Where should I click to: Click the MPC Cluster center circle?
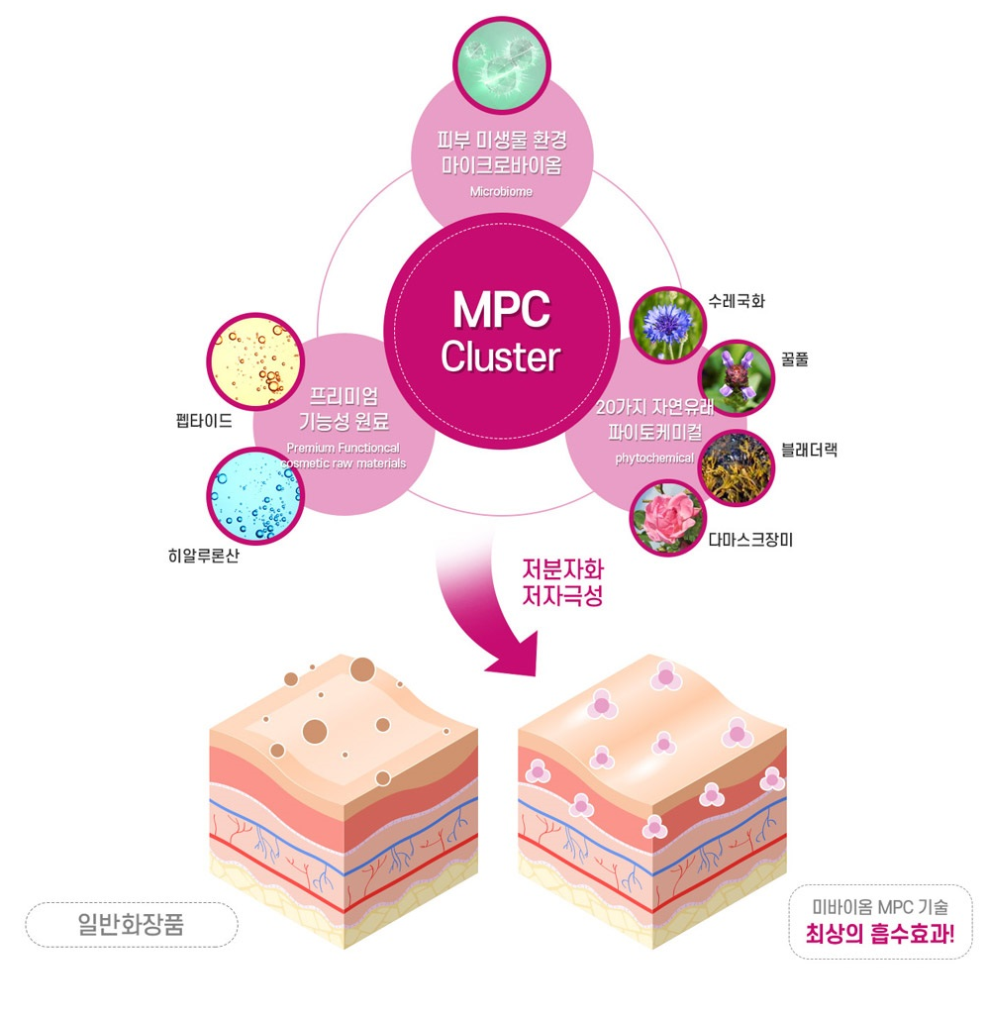point(501,331)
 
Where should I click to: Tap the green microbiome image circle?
point(501,65)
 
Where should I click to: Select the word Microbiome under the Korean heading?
point(501,192)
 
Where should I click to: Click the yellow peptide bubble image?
point(255,362)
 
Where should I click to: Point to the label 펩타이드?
point(203,421)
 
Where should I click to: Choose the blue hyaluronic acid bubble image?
point(255,496)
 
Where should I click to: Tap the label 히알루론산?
point(203,556)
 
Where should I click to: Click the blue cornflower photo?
point(667,324)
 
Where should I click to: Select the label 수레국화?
point(737,301)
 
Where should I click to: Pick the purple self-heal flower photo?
point(737,377)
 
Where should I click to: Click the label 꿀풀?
point(794,359)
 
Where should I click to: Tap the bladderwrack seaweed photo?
point(737,467)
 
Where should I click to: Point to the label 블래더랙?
point(809,450)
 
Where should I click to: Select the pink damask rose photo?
point(667,518)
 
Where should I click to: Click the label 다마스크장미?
point(750,540)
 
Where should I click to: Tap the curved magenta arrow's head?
point(517,654)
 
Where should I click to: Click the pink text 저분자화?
point(562,569)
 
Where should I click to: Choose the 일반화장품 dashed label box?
point(132,924)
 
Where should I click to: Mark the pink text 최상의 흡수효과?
point(880,934)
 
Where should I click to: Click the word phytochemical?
point(654,459)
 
